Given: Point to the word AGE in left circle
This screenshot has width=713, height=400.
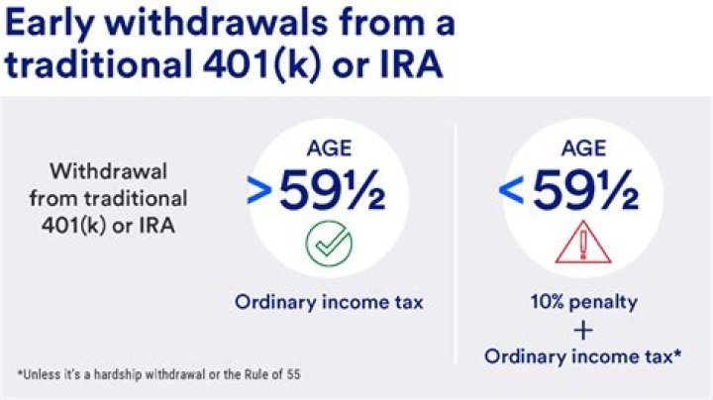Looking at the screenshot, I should [x=329, y=150].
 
